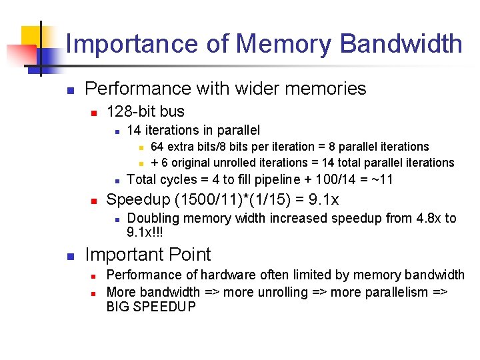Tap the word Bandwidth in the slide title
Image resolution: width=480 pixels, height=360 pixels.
[401, 44]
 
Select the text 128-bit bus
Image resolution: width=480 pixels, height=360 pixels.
[145, 111]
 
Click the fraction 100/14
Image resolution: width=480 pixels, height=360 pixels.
[338, 179]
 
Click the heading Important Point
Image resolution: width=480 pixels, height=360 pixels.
[148, 254]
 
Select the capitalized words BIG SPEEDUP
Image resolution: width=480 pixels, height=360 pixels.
[151, 307]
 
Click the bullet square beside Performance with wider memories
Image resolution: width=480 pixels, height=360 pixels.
[70, 89]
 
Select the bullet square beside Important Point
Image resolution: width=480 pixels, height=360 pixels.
[70, 255]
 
